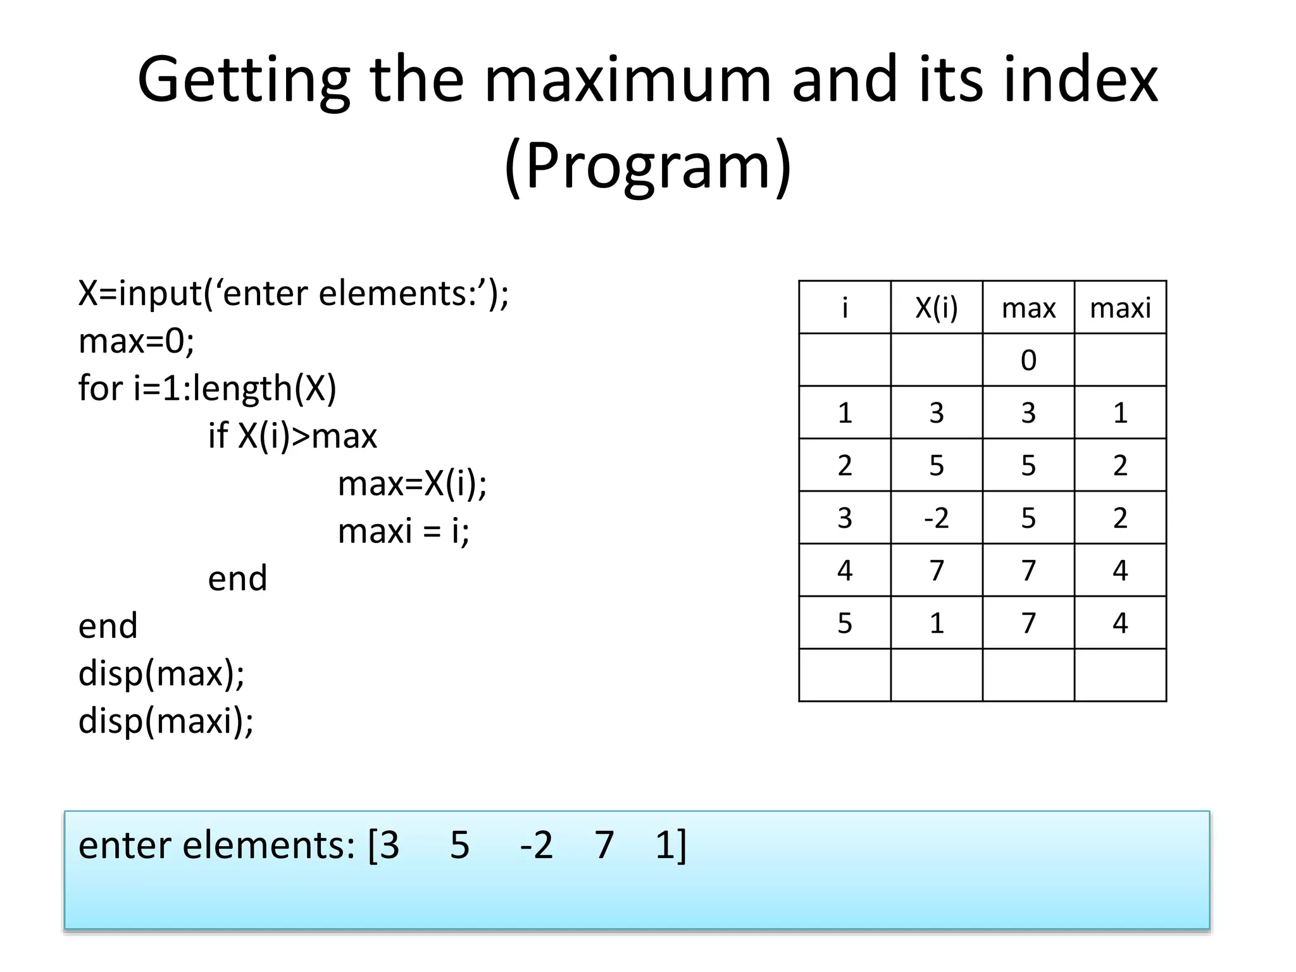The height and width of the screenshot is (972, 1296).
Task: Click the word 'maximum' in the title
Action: [627, 80]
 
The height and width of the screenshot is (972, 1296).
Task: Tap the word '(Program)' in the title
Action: [647, 166]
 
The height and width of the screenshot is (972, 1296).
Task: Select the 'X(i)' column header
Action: [936, 308]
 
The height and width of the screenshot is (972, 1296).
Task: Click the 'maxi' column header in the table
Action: [1119, 308]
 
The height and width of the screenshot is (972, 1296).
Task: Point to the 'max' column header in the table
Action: [1028, 308]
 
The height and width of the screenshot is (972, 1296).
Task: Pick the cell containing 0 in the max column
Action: [1028, 360]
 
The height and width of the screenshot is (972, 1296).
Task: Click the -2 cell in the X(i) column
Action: [936, 518]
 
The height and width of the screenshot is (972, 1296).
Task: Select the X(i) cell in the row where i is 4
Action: [936, 570]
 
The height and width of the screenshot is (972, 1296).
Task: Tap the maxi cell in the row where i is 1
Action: [1119, 413]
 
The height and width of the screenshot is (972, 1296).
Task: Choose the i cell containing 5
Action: [845, 623]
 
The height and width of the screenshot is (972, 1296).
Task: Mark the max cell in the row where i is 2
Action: [1028, 466]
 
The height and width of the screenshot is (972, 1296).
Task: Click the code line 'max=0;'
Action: [136, 341]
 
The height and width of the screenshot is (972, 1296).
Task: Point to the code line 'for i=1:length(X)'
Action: [207, 388]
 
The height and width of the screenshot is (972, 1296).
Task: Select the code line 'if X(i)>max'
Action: [292, 436]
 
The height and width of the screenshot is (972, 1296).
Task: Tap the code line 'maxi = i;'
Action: [404, 530]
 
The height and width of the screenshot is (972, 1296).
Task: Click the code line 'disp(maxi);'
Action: [166, 721]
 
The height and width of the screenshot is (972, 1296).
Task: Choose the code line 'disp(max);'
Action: [161, 673]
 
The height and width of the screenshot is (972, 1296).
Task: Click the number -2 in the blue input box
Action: [536, 845]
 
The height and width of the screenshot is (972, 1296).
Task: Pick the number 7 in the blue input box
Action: [604, 845]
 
